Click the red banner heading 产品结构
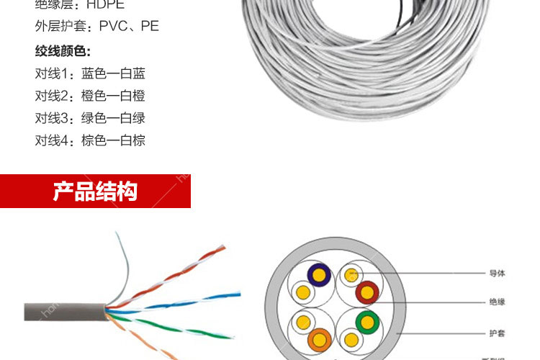coord(95,192)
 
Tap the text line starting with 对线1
coord(90,73)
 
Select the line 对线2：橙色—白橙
coord(90,96)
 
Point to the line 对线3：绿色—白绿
coord(90,118)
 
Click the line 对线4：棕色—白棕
coord(90,140)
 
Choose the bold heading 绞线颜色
coord(63,51)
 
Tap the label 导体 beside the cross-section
coord(497,274)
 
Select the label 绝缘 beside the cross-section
coord(497,302)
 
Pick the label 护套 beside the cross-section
coord(497,333)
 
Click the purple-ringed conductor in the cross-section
coord(319,274)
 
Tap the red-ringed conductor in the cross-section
coord(367,292)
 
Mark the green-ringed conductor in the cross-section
coord(368,321)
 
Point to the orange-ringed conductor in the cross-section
coord(319,338)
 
